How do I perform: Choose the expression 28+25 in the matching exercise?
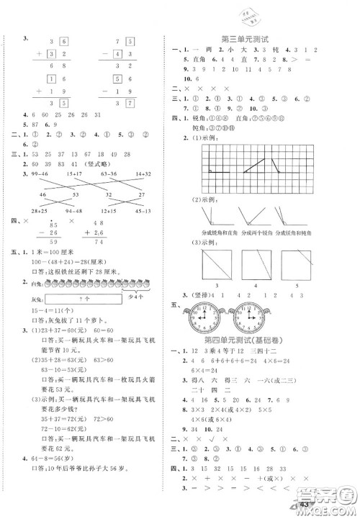point(34,210)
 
